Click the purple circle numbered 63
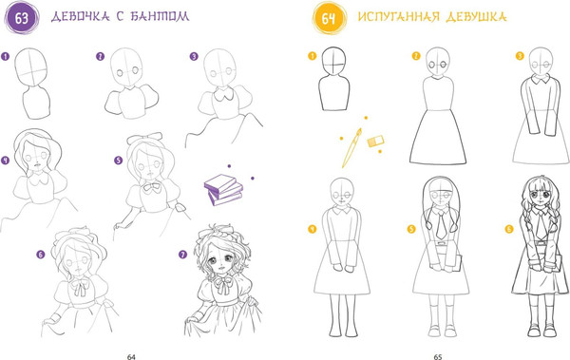click(22, 17)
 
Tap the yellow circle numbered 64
click(329, 18)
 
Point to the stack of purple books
click(223, 189)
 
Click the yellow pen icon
click(351, 147)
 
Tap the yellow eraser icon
click(375, 142)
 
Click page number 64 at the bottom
click(131, 357)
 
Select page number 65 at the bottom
click(438, 357)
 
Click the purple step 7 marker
click(182, 255)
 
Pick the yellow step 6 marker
click(509, 229)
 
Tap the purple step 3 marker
click(194, 56)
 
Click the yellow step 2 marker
click(416, 56)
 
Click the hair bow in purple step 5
click(144, 138)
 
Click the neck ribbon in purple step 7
click(221, 285)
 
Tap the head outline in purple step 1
click(31, 67)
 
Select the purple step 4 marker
click(5, 161)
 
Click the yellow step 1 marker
click(312, 56)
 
